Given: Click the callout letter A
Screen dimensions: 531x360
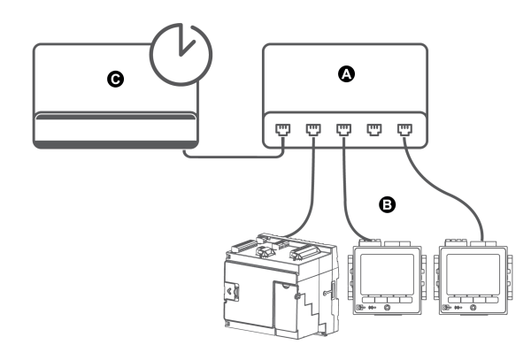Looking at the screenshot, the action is pyautogui.click(x=346, y=74).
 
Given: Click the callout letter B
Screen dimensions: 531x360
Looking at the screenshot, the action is pyautogui.click(x=387, y=204).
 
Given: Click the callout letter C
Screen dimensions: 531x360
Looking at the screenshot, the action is pyautogui.click(x=115, y=80).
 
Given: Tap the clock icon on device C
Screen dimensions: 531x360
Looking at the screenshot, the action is pyautogui.click(x=181, y=55).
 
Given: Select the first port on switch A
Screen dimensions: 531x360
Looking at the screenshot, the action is pyautogui.click(x=283, y=130).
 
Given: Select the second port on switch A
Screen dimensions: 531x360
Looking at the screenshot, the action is pyautogui.click(x=313, y=130).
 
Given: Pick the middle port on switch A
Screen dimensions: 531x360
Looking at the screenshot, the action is pyautogui.click(x=343, y=130).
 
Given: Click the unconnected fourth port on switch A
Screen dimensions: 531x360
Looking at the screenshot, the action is pyautogui.click(x=374, y=130).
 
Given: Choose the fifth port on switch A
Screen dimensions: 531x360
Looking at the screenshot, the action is pyautogui.click(x=405, y=130).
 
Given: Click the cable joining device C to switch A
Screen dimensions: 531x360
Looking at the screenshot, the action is pyautogui.click(x=234, y=157).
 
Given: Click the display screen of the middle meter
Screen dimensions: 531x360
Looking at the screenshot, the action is pyautogui.click(x=387, y=274).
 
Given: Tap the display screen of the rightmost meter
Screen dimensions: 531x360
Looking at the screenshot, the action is pyautogui.click(x=473, y=274).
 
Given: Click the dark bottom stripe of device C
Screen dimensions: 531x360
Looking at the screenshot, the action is pyautogui.click(x=115, y=144).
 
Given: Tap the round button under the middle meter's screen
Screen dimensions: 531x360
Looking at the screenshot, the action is pyautogui.click(x=388, y=308).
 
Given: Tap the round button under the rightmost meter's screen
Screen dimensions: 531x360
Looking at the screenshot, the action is pyautogui.click(x=473, y=308).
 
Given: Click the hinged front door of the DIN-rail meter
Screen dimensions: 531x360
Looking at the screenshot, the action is pyautogui.click(x=286, y=306).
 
